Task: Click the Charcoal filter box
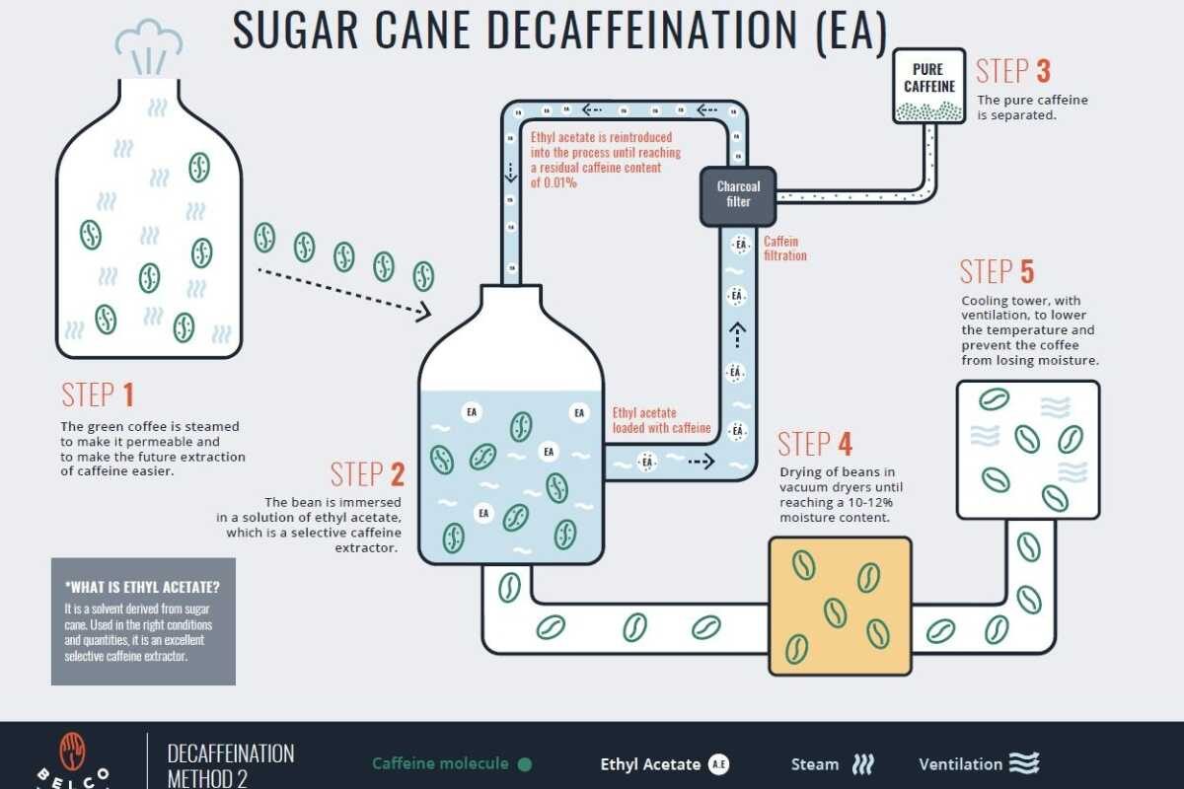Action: click(738, 196)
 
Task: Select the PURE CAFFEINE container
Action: click(929, 86)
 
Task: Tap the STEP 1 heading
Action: click(98, 394)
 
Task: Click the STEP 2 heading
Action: click(367, 474)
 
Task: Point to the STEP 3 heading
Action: click(1012, 71)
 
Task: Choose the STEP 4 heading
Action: click(815, 444)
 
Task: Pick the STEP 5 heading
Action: click(997, 271)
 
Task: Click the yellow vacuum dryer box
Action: click(841, 607)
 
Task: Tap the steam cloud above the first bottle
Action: click(149, 46)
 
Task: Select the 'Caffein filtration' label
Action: click(785, 249)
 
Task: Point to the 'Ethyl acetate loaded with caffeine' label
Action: click(661, 420)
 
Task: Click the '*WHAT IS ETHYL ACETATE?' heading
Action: click(142, 587)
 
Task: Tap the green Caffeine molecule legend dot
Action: click(525, 764)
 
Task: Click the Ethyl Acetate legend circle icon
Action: click(718, 764)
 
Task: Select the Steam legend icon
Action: click(863, 764)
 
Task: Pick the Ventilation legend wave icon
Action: click(1024, 763)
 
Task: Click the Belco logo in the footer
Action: click(72, 760)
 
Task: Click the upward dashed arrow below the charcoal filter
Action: click(737, 335)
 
